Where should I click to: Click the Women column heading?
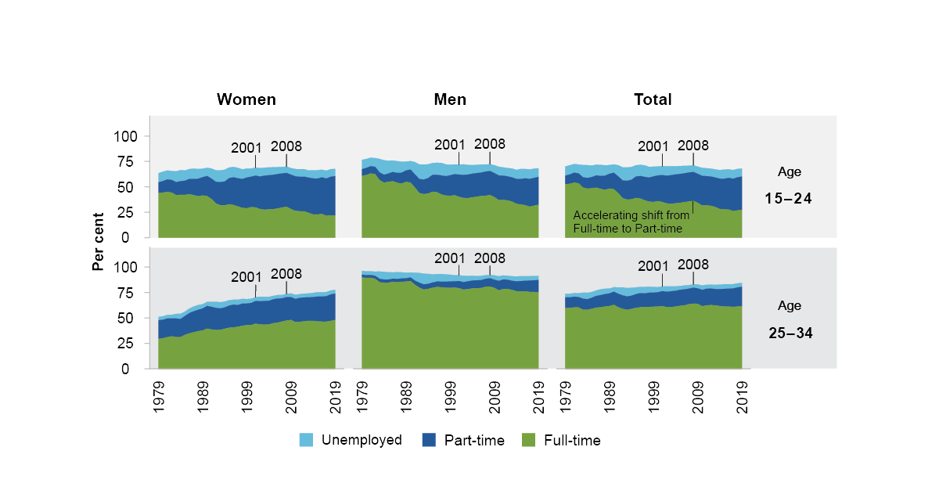tap(246, 99)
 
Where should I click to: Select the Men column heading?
tap(450, 99)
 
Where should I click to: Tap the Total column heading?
tap(653, 99)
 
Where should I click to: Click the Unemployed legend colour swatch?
tap(307, 441)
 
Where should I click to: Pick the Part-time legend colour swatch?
tap(428, 441)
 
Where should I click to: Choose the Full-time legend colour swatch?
tap(529, 441)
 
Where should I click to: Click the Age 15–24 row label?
tap(789, 186)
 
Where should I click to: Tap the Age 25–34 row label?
tap(789, 319)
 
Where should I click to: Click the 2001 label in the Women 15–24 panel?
tap(246, 148)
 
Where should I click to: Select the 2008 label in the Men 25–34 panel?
tap(490, 258)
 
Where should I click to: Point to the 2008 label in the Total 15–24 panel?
tap(693, 145)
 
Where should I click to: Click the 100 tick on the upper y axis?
tap(126, 136)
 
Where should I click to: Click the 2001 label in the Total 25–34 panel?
tap(653, 266)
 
